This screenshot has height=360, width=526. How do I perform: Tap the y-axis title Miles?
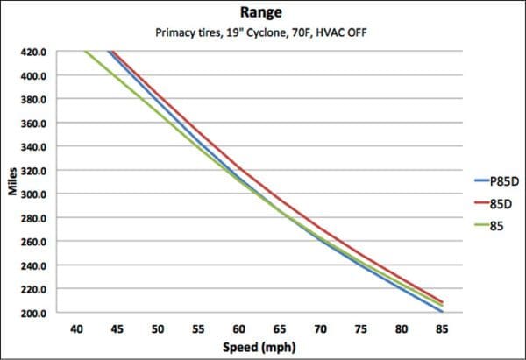coord(13,182)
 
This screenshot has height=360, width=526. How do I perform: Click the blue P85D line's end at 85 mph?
coord(440,312)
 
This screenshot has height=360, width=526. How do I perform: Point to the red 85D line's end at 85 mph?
coord(440,301)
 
